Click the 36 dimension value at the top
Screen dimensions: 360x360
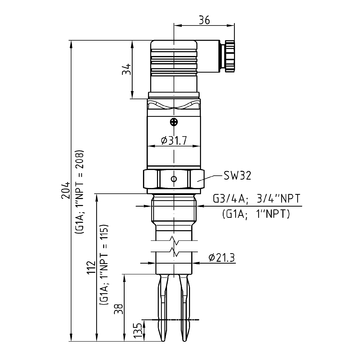(x=204, y=20)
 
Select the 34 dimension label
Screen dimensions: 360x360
(x=126, y=69)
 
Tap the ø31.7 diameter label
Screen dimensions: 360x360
(x=173, y=140)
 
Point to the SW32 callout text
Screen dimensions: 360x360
(x=237, y=176)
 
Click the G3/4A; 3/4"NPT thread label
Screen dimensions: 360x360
(x=256, y=199)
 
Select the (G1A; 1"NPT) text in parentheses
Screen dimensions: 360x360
(x=256, y=214)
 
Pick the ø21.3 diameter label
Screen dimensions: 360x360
(x=222, y=257)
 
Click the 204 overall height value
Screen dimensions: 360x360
(x=65, y=190)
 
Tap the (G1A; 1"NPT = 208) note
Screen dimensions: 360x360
(x=80, y=192)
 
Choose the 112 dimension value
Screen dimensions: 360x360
(x=91, y=267)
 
